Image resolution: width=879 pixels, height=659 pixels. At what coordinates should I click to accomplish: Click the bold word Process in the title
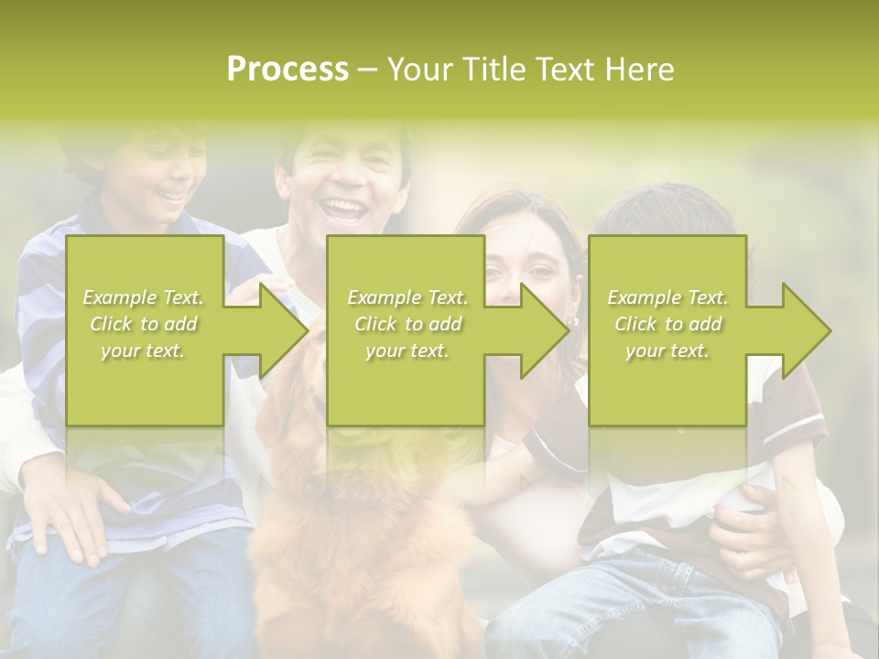coord(288,70)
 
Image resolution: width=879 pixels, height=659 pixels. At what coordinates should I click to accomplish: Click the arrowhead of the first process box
coord(280,330)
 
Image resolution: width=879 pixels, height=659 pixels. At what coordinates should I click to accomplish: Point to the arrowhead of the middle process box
coord(542,330)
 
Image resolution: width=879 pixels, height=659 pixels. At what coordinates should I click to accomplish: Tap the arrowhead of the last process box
coord(804,330)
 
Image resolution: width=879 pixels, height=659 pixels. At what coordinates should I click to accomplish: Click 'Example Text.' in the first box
coord(143,297)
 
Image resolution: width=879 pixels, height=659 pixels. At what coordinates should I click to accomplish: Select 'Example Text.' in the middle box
coord(407,297)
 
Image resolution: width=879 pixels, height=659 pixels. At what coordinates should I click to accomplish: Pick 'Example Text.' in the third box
coord(667,297)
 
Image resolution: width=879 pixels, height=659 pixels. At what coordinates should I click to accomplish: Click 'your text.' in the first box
coord(143,351)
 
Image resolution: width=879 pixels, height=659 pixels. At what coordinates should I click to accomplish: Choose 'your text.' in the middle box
coord(407,351)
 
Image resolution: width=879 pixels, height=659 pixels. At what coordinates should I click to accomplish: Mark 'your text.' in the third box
coord(667,351)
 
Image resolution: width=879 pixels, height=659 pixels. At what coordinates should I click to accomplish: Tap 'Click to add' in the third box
coord(667,324)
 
